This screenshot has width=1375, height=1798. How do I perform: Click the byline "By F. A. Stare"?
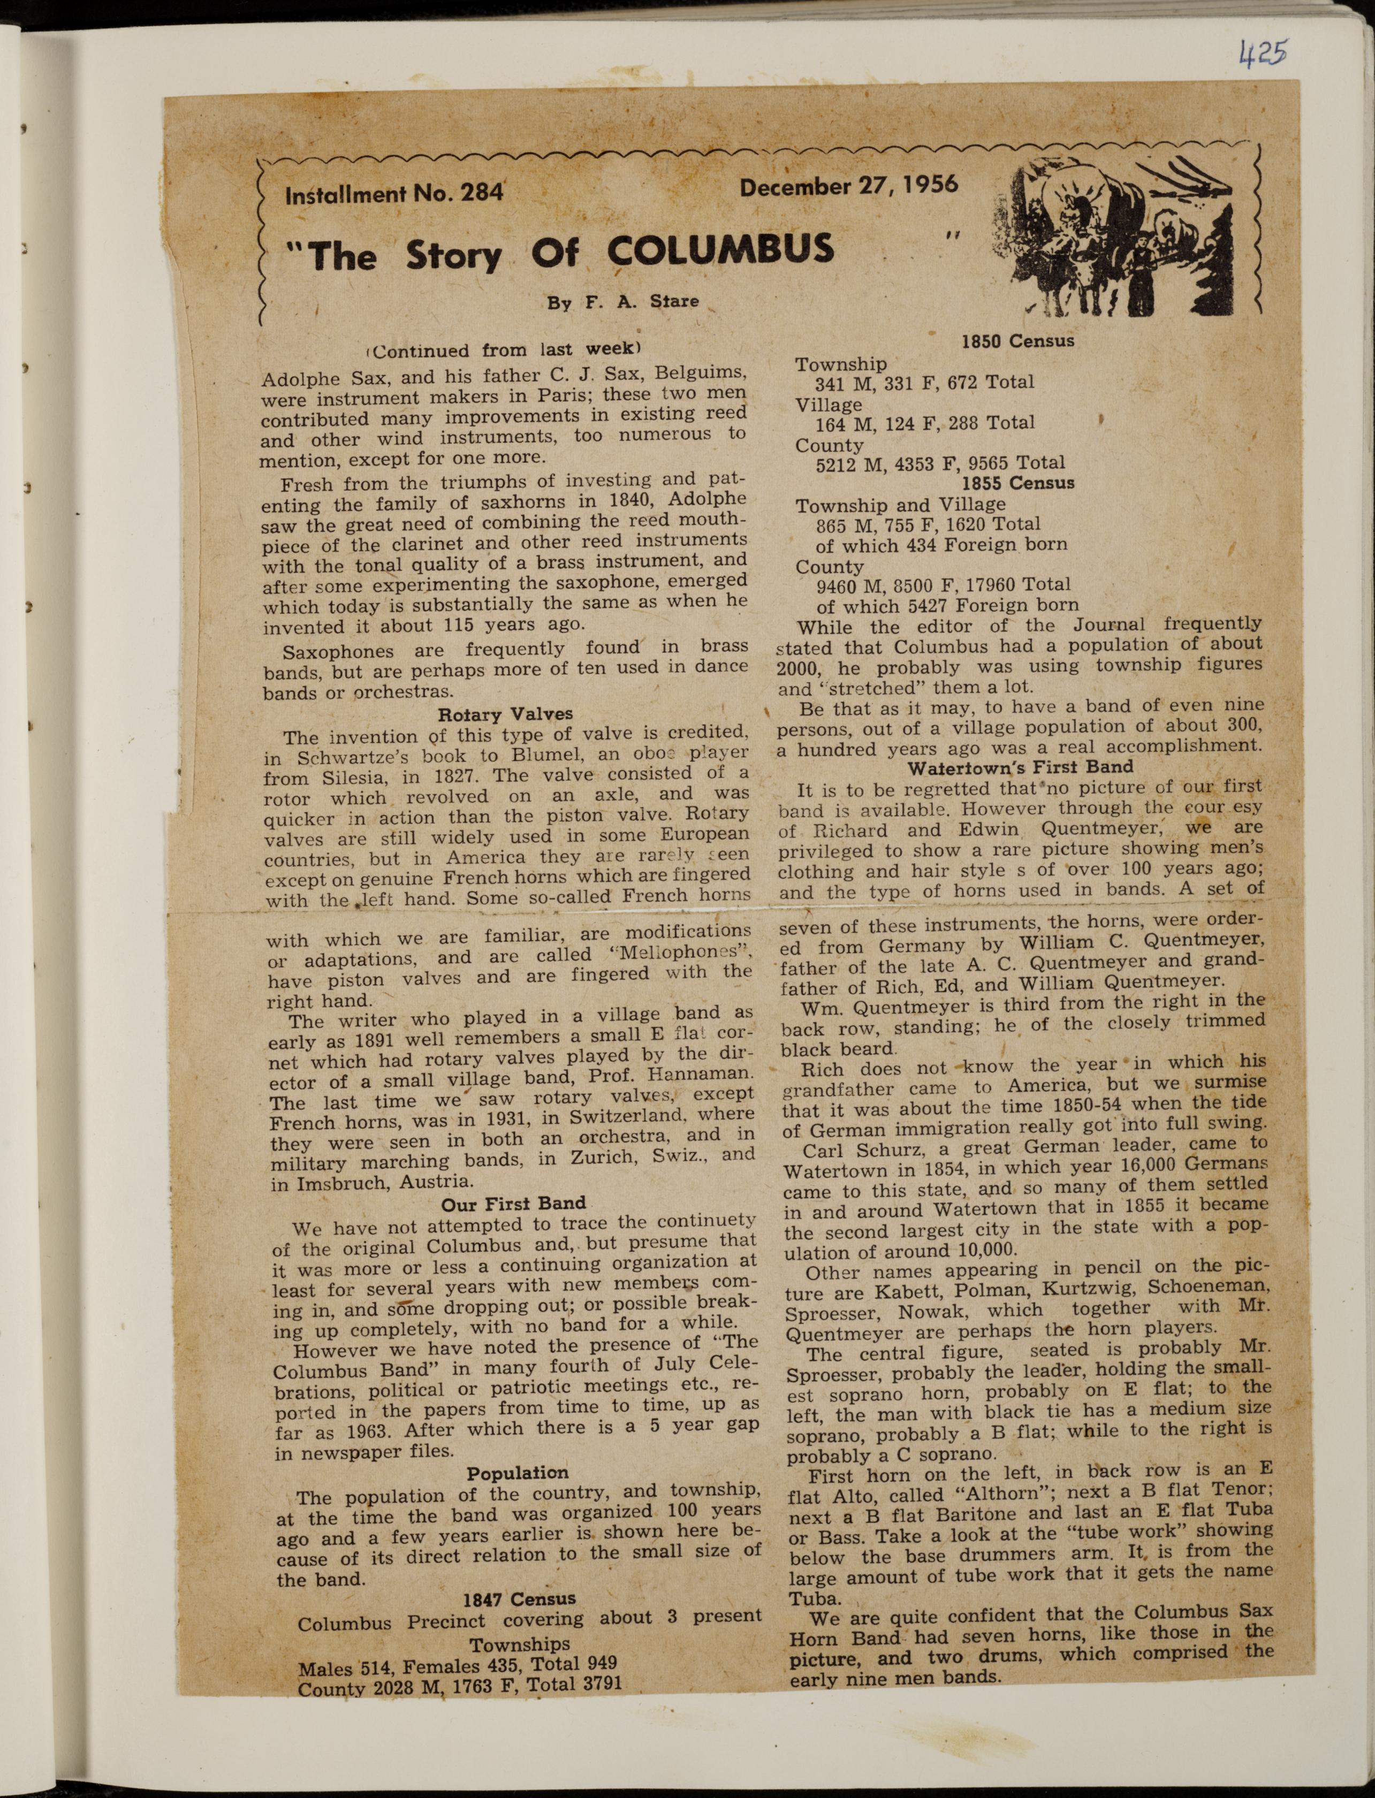click(623, 301)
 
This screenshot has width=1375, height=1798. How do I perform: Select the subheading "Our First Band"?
click(513, 1203)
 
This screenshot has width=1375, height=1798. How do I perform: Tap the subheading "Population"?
click(517, 1473)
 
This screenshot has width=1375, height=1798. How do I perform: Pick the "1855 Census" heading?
click(1017, 483)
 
